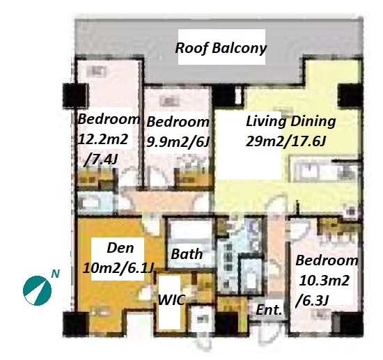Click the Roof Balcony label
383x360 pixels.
(x=221, y=48)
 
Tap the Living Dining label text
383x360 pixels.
(x=290, y=121)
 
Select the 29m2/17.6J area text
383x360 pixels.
(x=286, y=141)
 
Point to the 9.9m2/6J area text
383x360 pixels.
(x=178, y=141)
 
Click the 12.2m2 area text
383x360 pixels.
(x=103, y=139)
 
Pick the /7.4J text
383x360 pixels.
(x=101, y=159)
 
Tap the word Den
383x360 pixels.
(x=120, y=248)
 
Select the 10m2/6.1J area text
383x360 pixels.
(x=118, y=269)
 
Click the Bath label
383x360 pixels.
(x=187, y=254)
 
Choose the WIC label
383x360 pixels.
(x=171, y=299)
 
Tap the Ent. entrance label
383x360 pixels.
(x=269, y=310)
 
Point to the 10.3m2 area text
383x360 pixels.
(x=324, y=281)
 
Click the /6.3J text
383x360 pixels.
(x=312, y=301)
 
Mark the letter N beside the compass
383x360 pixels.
(x=56, y=274)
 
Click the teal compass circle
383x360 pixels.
(x=37, y=290)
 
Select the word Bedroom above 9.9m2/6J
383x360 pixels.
(x=178, y=122)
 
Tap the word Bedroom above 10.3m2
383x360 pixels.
(x=327, y=260)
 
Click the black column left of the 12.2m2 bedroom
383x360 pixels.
(x=76, y=95)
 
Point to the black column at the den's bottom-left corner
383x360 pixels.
(x=76, y=324)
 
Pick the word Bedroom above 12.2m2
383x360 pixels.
(x=109, y=119)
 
